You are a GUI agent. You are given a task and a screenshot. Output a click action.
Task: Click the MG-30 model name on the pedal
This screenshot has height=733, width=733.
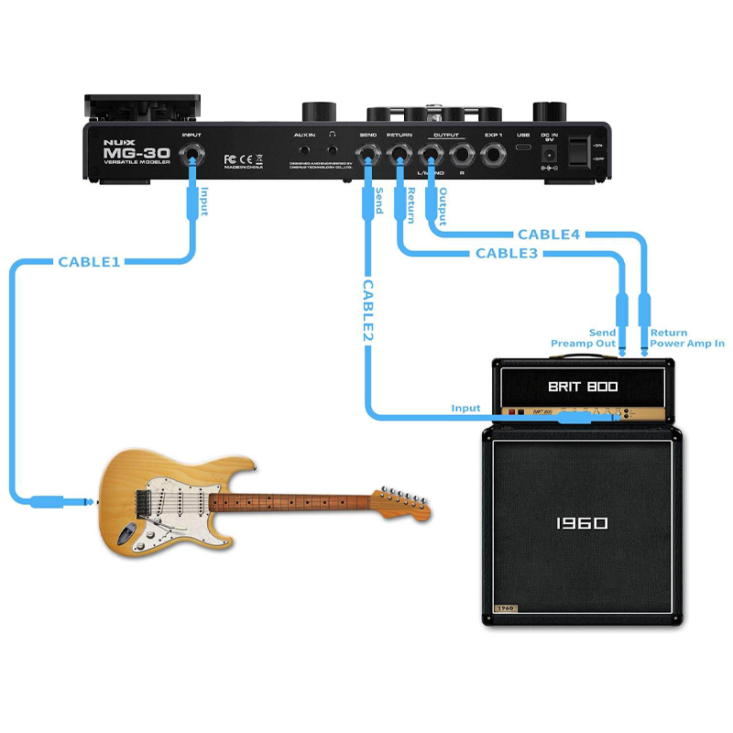[123, 153]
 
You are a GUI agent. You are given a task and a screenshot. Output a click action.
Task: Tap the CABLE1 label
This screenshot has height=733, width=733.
[90, 262]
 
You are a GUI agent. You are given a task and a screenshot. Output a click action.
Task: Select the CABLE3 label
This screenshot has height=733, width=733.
[507, 253]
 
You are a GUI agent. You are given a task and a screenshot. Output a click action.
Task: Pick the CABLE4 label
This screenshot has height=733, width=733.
[549, 235]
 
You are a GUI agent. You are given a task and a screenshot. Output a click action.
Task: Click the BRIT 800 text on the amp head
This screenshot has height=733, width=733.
[584, 387]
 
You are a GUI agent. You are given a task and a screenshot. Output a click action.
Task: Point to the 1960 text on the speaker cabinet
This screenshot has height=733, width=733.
[582, 523]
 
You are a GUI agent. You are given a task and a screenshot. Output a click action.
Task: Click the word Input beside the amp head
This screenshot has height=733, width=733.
[465, 408]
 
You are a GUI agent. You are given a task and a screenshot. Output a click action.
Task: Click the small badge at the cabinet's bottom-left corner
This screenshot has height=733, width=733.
[506, 608]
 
